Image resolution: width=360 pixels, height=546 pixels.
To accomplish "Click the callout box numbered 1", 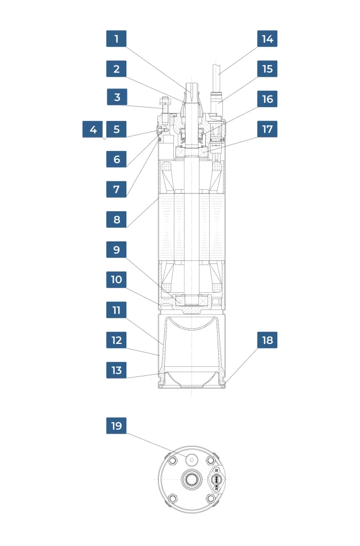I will (x=116, y=39).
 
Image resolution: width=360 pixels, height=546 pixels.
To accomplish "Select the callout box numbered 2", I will (x=116, y=69).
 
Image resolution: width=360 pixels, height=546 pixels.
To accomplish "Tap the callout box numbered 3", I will (x=117, y=98).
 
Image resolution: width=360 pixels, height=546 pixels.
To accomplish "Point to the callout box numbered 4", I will (x=93, y=129).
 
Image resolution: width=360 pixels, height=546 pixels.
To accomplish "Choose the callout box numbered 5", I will (x=116, y=129).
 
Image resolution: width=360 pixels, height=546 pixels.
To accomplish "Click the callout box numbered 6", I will (x=116, y=159).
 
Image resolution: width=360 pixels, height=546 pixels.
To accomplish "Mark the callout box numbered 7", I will (x=116, y=189).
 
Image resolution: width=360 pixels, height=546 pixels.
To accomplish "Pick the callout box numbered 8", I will (x=116, y=219).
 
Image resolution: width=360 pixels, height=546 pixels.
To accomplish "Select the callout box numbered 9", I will (x=116, y=250).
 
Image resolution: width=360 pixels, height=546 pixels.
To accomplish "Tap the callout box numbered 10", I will (x=116, y=279).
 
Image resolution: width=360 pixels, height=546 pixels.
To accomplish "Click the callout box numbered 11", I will (x=116, y=310).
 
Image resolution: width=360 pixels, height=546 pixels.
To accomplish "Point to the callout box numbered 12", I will (x=116, y=340).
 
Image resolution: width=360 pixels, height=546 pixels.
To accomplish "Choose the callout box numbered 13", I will (x=116, y=370).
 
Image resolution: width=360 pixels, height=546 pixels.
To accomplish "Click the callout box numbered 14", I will (x=267, y=39).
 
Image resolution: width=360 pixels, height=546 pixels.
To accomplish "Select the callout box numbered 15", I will (x=267, y=69).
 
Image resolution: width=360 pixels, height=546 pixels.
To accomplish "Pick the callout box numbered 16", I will (x=267, y=99).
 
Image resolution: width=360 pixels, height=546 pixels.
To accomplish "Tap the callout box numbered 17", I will (x=267, y=129).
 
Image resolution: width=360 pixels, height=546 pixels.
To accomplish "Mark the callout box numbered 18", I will (x=267, y=340).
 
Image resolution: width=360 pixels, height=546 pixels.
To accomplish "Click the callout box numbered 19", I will (x=116, y=425).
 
